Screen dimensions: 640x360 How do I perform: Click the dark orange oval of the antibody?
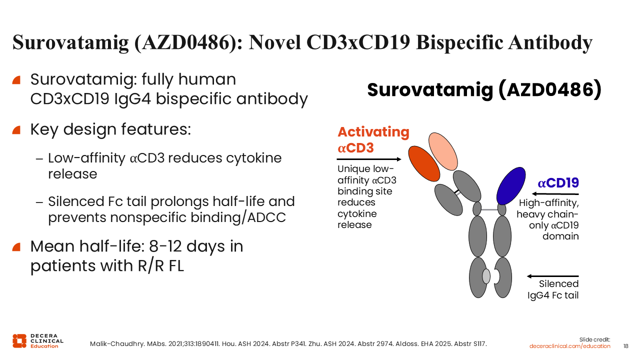[424, 163]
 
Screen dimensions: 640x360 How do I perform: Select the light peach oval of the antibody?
[443, 151]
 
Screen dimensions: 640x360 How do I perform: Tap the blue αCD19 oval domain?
[511, 186]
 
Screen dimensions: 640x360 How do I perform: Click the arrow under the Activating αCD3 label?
[369, 159]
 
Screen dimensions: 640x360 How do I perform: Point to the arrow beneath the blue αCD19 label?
[555, 194]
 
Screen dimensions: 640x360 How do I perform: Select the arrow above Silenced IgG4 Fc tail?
[552, 276]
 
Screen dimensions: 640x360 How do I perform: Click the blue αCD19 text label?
[558, 183]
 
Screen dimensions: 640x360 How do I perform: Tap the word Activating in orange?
[373, 132]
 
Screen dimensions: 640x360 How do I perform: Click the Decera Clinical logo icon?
[19, 341]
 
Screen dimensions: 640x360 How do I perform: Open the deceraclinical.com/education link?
[569, 346]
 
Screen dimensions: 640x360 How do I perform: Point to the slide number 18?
[625, 346]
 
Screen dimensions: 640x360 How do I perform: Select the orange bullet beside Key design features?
[16, 130]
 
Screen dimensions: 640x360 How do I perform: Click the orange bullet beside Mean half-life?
[16, 247]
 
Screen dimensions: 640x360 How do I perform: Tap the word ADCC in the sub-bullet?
[266, 217]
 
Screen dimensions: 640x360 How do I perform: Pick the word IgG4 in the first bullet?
[132, 99]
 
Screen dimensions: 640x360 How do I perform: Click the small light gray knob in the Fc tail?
[486, 276]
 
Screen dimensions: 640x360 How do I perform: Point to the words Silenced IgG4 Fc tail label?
[553, 289]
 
